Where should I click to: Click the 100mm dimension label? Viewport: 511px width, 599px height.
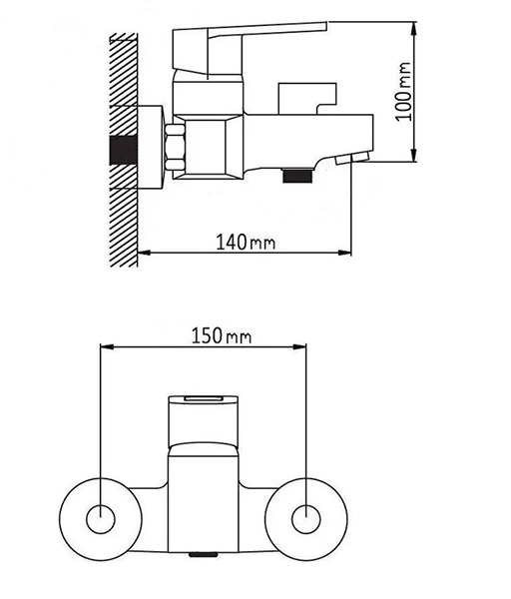click(x=403, y=92)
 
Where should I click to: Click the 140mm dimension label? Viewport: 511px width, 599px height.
click(x=246, y=242)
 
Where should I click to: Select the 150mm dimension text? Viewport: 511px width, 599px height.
click(x=222, y=336)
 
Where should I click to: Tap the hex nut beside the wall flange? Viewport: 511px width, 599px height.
click(x=175, y=147)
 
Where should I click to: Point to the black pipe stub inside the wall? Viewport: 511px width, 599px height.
click(x=124, y=151)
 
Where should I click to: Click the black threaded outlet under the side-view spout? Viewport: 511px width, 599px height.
click(x=296, y=175)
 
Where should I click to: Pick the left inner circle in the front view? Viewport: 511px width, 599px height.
click(x=101, y=519)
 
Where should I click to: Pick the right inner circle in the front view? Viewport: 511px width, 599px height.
click(x=306, y=519)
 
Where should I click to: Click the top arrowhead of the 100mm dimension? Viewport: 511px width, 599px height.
click(x=413, y=29)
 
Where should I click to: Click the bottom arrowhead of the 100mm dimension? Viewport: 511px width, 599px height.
click(x=413, y=155)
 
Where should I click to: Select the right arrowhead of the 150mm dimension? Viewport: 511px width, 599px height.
click(x=299, y=346)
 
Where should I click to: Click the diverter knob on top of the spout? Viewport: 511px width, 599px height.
click(x=307, y=98)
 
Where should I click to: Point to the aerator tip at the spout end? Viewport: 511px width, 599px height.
click(x=353, y=158)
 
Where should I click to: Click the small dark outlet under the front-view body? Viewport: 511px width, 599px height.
click(x=204, y=554)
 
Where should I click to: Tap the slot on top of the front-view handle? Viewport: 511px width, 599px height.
click(x=204, y=398)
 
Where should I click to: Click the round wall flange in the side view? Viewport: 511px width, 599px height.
click(x=150, y=147)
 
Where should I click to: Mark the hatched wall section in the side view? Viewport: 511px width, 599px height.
click(x=124, y=150)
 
